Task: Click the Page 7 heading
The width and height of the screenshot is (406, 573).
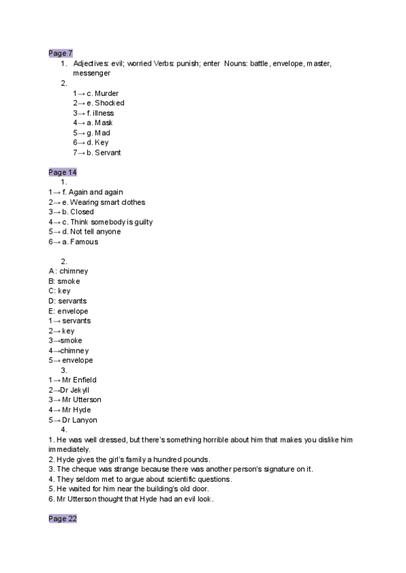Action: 61,53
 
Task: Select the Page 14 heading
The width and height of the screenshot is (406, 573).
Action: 63,172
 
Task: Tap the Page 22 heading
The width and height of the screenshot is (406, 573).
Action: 63,518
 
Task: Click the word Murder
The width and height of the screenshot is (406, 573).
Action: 107,93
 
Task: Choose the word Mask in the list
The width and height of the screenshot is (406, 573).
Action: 104,123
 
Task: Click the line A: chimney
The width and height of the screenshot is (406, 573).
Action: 68,271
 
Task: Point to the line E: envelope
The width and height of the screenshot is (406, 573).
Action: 68,311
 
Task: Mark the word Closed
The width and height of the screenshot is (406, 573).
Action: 82,211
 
